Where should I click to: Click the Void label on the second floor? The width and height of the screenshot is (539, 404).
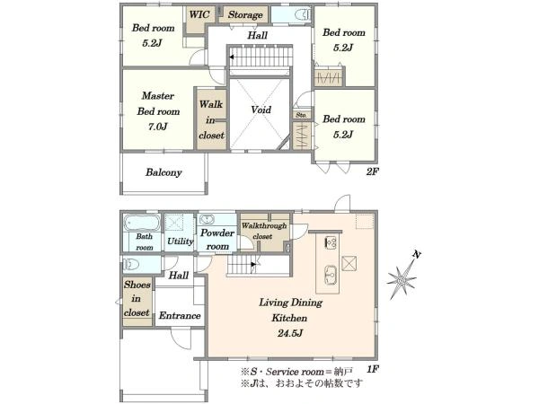pos(261,110)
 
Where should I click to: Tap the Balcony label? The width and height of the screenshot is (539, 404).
pos(163,172)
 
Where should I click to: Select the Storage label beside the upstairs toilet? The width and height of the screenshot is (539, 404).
pos(245,14)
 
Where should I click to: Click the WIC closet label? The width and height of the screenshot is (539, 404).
pos(199,14)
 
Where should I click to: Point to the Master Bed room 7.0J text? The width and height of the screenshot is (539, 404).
pos(158,111)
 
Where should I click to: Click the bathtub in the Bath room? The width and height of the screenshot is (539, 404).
pos(142,223)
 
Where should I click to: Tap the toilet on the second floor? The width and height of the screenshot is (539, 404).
pos(303,14)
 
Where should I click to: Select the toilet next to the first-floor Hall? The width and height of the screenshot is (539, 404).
pos(131,265)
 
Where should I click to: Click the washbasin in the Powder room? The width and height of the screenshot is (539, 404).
pos(207,220)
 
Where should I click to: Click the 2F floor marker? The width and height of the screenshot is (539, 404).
pos(372,171)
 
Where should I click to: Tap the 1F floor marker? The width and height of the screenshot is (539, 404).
pos(372,369)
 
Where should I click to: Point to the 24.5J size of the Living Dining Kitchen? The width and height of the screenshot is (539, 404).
pos(290,333)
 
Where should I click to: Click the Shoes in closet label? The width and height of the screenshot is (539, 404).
pos(137,299)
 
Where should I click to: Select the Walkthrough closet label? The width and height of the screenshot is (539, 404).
pos(263,231)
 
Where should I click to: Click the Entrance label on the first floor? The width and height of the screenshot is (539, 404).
pos(180,315)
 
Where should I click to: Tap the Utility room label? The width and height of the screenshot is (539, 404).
pos(181,242)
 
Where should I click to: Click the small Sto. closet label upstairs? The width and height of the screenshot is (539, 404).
pos(302,115)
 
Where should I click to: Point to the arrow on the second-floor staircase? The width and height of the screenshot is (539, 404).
pos(233,57)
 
